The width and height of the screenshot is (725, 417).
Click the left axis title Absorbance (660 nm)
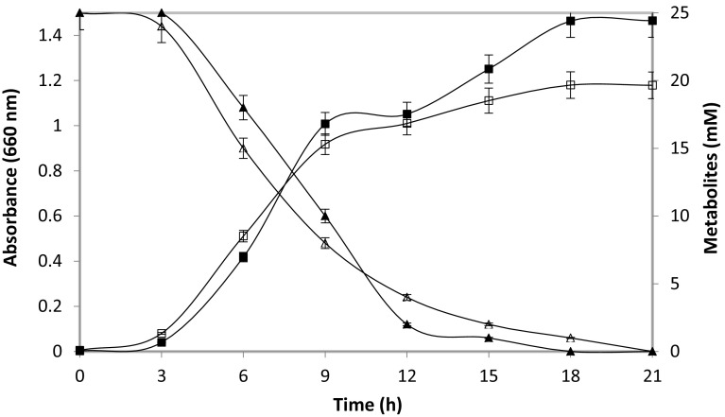tap(12, 182)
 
